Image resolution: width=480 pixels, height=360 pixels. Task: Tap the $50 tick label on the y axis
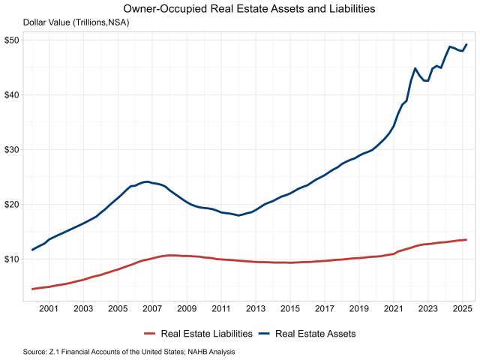click(11, 40)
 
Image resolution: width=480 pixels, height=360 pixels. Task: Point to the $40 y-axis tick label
click(11, 94)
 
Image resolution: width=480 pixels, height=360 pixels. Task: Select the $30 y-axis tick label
click(11, 149)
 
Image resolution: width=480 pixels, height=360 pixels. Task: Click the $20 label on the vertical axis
click(11, 204)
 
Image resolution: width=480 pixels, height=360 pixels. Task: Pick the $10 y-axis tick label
click(11, 259)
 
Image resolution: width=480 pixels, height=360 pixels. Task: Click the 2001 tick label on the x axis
click(49, 308)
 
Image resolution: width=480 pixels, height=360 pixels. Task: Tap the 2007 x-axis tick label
click(152, 308)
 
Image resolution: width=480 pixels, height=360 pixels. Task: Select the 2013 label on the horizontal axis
click(256, 308)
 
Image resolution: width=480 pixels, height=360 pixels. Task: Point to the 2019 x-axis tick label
click(359, 308)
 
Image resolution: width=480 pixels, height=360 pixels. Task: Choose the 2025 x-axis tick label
click(463, 308)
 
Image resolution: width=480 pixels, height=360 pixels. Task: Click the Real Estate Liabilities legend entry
click(206, 333)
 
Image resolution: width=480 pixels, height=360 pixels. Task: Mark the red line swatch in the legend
click(148, 333)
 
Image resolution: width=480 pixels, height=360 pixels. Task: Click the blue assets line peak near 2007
click(147, 181)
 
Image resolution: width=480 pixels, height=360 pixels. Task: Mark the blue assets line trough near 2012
click(238, 215)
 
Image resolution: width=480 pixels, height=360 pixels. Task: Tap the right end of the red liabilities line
click(466, 240)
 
